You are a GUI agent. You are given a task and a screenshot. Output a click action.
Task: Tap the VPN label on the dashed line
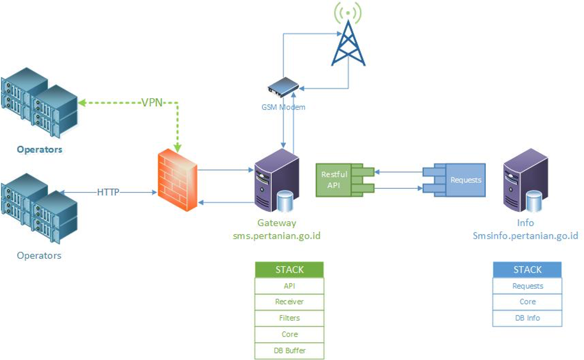point(152,103)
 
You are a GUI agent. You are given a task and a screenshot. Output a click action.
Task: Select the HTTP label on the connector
point(108,192)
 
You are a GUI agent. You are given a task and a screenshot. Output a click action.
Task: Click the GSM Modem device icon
point(283,87)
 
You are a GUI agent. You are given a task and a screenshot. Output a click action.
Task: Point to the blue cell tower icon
point(348,44)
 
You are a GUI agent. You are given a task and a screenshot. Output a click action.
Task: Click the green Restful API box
point(334,180)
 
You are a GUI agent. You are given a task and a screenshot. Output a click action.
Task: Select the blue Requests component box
point(465,180)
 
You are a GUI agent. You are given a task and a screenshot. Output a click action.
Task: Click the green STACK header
point(289,269)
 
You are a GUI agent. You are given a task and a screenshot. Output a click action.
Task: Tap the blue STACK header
point(527,269)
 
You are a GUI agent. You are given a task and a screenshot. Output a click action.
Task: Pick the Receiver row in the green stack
point(289,302)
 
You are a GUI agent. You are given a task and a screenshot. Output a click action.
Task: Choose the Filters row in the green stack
point(289,318)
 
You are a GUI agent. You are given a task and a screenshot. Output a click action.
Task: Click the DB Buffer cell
point(289,351)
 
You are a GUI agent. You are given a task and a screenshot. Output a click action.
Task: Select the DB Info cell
point(527,318)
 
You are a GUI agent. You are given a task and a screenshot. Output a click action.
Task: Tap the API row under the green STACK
point(289,286)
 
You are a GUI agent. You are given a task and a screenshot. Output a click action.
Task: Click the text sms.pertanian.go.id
point(277,236)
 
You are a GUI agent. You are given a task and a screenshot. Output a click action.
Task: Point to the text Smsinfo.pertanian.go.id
point(525,236)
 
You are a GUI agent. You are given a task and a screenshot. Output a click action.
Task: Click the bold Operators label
point(39,149)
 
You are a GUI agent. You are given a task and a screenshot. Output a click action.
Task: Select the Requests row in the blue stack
point(527,286)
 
